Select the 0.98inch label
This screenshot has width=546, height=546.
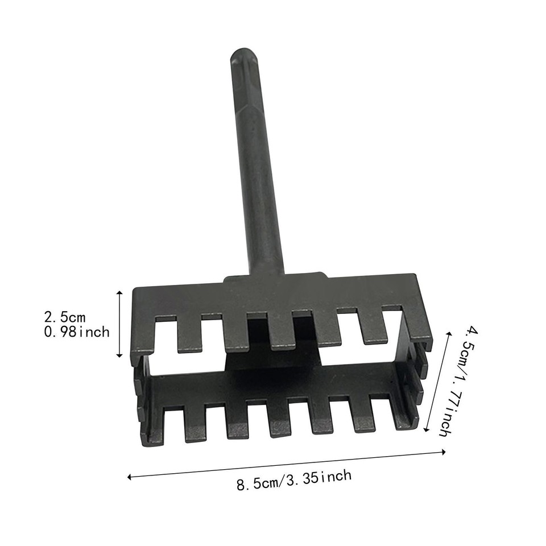point(76,332)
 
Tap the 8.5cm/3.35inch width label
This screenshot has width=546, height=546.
point(293,480)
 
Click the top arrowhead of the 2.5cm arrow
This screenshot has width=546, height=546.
point(119,292)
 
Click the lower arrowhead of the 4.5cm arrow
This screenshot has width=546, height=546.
point(427,430)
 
